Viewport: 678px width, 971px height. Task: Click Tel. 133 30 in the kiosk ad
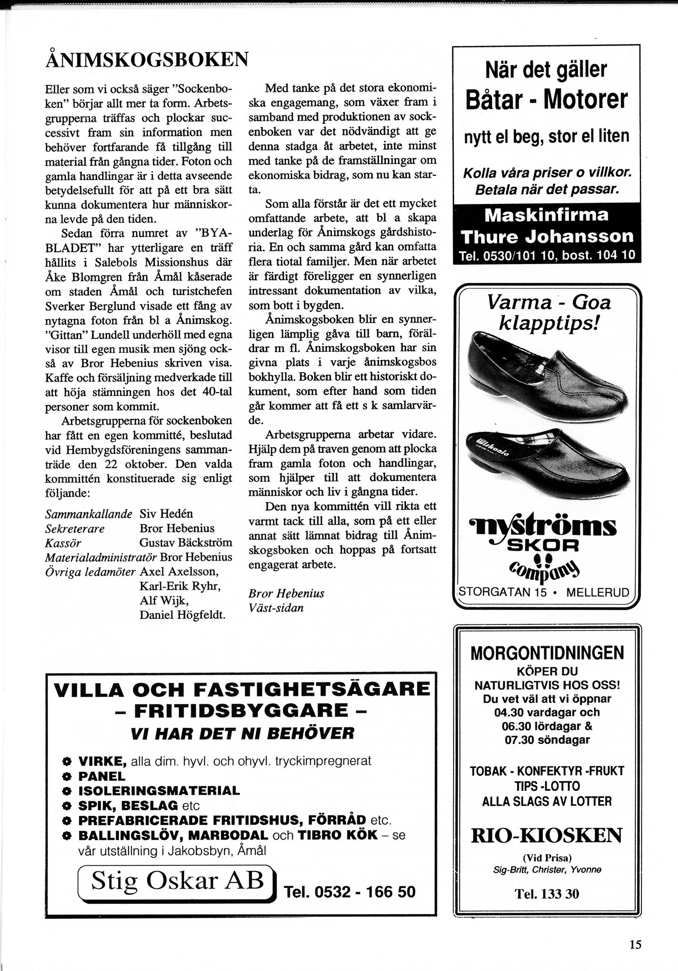point(547,894)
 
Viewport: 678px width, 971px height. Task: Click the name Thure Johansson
point(547,236)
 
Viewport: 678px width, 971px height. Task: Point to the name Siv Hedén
point(167,514)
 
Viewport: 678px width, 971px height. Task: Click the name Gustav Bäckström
point(186,542)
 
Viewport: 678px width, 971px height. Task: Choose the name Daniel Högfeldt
point(182,615)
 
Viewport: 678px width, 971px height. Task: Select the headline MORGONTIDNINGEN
point(547,653)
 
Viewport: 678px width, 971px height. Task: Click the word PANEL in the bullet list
point(102,776)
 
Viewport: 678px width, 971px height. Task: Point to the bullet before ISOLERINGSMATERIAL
point(67,791)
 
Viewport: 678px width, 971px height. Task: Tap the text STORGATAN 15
point(502,592)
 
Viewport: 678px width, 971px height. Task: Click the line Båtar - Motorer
point(547,99)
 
